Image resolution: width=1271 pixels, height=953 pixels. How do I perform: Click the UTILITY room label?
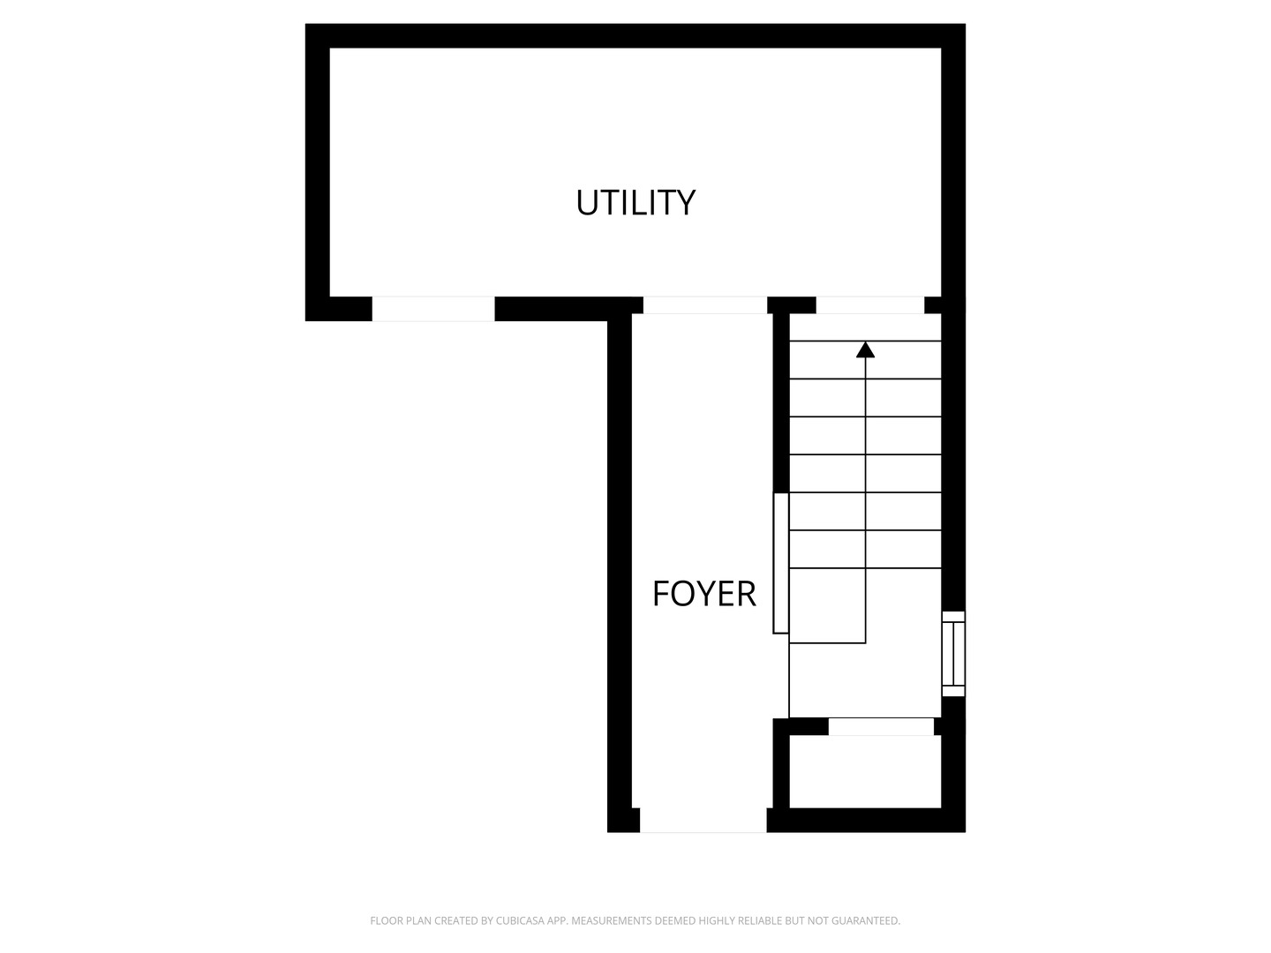(x=635, y=203)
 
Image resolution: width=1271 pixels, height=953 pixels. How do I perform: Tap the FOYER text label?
(x=703, y=594)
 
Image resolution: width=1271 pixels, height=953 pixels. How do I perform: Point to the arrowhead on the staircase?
(x=865, y=349)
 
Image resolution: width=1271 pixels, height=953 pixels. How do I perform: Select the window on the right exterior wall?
(x=953, y=654)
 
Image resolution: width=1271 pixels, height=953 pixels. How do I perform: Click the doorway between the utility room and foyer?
(x=704, y=305)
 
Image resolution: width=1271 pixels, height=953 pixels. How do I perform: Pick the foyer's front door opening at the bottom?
(x=703, y=820)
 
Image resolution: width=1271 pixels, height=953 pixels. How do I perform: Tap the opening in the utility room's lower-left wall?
(x=432, y=309)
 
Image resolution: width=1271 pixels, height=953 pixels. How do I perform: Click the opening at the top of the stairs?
(x=869, y=305)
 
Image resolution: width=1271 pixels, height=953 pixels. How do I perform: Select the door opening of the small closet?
(x=881, y=727)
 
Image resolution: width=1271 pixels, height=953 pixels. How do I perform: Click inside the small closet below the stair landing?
(x=865, y=772)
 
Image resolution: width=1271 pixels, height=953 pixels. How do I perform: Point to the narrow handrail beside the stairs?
(x=781, y=563)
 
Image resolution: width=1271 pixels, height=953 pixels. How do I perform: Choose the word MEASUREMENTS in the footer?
(x=612, y=921)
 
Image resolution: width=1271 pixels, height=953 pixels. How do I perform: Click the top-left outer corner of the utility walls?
(x=307, y=26)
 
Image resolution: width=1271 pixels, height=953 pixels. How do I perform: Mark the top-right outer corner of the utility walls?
(x=964, y=26)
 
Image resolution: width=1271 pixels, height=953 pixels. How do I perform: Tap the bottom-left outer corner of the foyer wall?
(x=609, y=830)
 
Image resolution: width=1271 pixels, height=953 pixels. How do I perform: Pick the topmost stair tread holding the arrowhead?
(x=865, y=360)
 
